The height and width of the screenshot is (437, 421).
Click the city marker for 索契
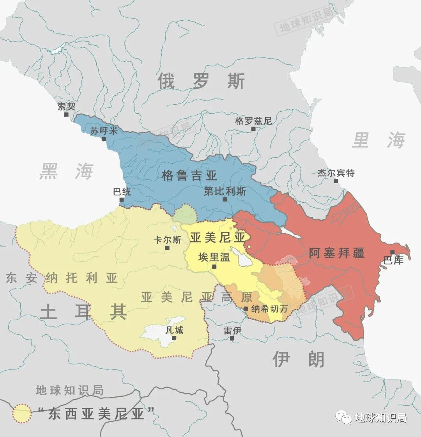click(x=66, y=114)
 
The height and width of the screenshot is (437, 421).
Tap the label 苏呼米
click(x=101, y=130)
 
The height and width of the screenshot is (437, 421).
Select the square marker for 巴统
click(x=122, y=200)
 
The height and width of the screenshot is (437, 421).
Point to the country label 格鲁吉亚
click(x=189, y=176)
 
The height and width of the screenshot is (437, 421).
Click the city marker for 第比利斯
click(x=225, y=199)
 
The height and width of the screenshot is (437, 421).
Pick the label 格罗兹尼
click(x=253, y=121)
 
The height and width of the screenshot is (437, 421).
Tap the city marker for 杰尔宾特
click(x=336, y=181)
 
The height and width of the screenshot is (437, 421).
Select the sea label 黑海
click(x=66, y=172)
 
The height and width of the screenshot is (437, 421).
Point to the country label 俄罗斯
click(x=201, y=81)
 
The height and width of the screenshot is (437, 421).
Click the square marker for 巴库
click(x=392, y=252)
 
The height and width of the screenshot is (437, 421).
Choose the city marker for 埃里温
click(x=214, y=266)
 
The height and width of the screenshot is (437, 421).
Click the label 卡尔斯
click(x=167, y=240)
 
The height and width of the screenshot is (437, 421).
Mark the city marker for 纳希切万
click(x=246, y=309)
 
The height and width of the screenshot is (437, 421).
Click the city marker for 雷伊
click(x=232, y=338)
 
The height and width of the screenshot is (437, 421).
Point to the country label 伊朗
click(x=298, y=359)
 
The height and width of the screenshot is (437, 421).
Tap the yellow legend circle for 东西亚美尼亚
click(x=21, y=414)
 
